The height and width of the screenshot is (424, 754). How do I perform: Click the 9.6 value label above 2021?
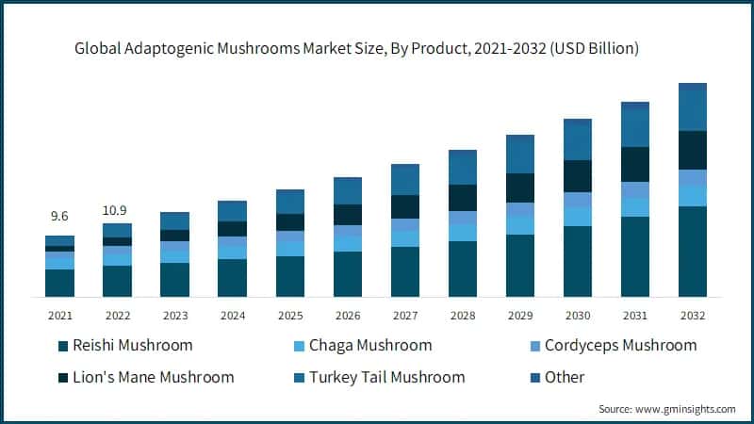point(59,217)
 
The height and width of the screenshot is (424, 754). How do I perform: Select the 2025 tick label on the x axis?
point(289,315)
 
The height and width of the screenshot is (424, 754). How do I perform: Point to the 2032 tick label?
point(693,315)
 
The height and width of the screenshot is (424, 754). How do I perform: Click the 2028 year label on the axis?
point(462,315)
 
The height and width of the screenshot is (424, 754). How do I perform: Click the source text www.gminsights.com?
point(666,409)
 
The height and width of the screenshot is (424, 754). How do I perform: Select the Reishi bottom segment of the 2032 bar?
point(693,252)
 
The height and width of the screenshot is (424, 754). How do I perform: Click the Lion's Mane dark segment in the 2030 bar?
point(578,176)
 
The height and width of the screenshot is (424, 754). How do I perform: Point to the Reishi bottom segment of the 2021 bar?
point(59,283)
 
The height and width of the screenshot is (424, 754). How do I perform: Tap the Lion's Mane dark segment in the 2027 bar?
point(405,206)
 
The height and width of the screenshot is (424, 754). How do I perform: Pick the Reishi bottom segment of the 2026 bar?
point(348,274)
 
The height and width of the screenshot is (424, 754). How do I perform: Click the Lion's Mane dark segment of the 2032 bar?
point(693,150)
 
